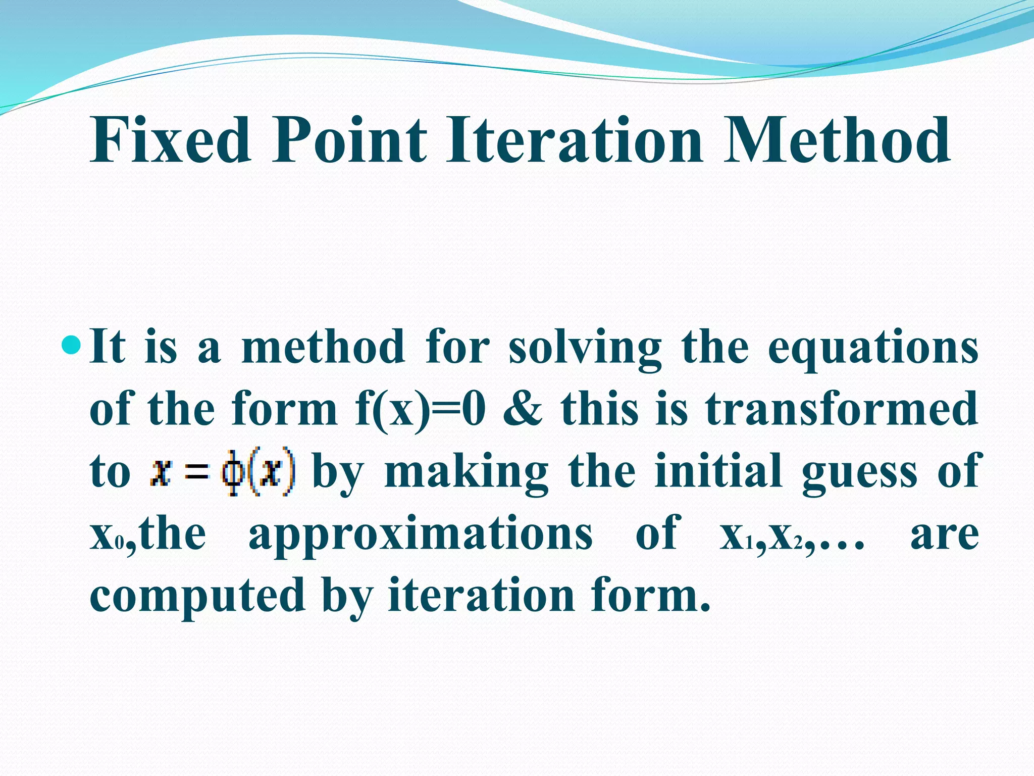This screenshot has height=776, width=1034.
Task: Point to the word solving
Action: click(x=585, y=349)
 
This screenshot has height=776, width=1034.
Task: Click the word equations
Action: click(x=873, y=349)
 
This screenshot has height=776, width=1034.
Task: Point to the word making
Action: click(x=466, y=472)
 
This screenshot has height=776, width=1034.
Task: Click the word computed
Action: click(x=197, y=596)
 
